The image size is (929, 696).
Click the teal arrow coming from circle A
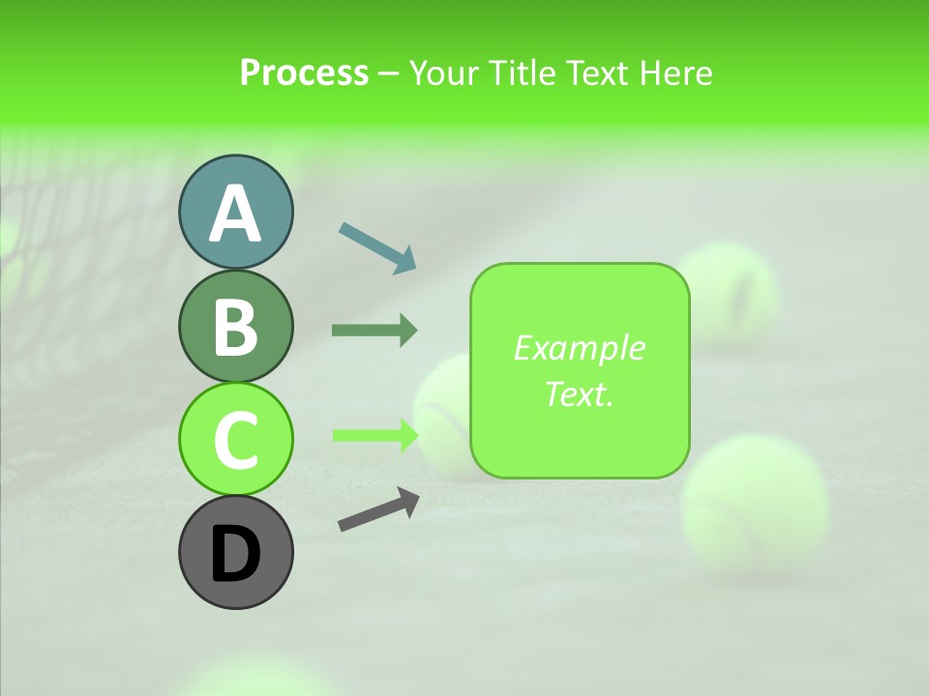(x=377, y=247)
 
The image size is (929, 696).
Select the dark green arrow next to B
(x=375, y=331)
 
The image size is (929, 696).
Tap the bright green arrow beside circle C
(x=375, y=435)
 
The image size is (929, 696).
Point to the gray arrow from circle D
(x=378, y=510)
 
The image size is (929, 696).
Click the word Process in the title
(x=304, y=73)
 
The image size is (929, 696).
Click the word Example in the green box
(x=579, y=348)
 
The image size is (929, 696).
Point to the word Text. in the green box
(x=579, y=393)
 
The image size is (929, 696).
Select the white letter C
(x=235, y=441)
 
